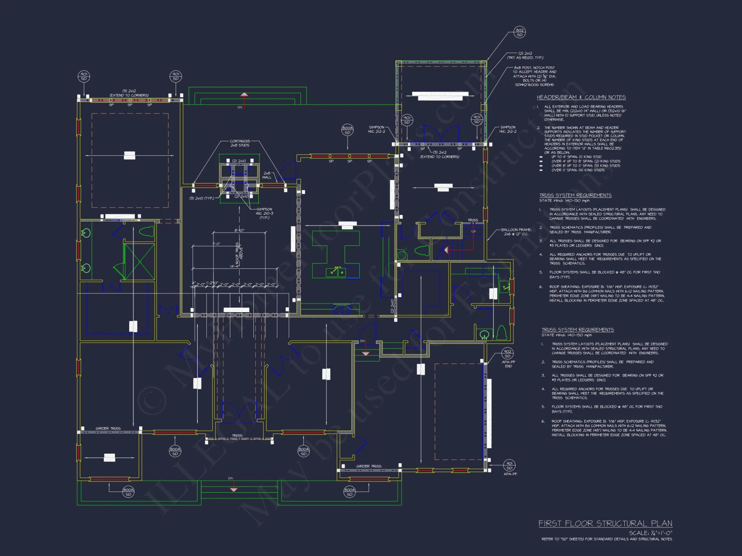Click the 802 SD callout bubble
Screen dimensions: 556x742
click(519, 32)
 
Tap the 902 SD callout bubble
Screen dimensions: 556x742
click(508, 354)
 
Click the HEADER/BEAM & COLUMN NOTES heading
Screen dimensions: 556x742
click(581, 97)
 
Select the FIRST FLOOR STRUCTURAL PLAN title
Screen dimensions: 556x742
click(605, 523)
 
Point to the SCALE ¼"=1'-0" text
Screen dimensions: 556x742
click(650, 533)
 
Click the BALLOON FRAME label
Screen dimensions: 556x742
click(516, 232)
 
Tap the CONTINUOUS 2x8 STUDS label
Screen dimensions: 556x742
click(240, 143)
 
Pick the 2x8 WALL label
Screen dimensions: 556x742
click(267, 175)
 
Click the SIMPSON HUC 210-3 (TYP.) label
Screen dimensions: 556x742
click(264, 213)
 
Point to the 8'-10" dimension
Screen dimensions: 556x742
click(239, 230)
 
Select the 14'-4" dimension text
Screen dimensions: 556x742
click(234, 266)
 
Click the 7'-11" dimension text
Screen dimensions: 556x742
click(216, 244)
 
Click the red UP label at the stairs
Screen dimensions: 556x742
click(473, 232)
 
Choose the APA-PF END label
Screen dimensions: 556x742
click(508, 364)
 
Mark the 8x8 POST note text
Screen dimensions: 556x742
click(534, 76)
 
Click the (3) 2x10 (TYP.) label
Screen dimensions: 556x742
click(201, 198)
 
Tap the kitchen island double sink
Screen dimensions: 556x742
click(336, 272)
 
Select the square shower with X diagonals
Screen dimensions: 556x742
click(139, 261)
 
